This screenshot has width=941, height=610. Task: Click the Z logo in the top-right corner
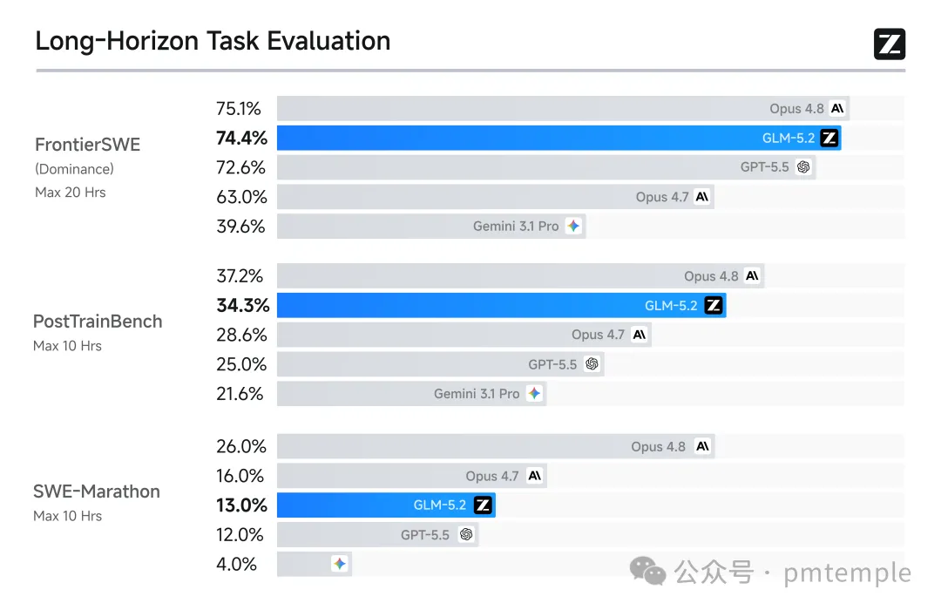[x=890, y=44]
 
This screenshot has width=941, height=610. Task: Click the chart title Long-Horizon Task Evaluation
[x=213, y=42]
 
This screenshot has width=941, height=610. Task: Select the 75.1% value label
[x=238, y=109]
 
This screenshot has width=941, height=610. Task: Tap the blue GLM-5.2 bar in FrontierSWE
[x=559, y=138]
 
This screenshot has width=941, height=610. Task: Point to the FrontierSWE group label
[x=88, y=145]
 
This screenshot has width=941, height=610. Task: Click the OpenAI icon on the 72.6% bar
[x=803, y=167]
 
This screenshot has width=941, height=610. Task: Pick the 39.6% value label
[x=240, y=227]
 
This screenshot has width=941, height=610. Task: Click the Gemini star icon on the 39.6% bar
[x=573, y=226]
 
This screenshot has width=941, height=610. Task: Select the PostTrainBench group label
[x=98, y=322]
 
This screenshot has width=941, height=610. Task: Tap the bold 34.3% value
[x=243, y=306]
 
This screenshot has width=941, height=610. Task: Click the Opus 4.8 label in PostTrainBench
[x=711, y=276]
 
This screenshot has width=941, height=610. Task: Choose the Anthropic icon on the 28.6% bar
[x=640, y=335]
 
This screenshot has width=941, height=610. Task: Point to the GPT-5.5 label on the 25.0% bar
[x=552, y=364]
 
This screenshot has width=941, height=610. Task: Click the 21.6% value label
[x=240, y=394]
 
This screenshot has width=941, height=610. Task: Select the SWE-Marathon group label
[x=97, y=491]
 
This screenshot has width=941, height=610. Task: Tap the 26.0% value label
[x=241, y=447]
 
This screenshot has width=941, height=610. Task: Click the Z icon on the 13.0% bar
[x=483, y=505]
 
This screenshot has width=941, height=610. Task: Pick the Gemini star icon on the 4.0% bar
[x=340, y=564]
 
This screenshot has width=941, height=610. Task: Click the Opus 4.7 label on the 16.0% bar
[x=492, y=476]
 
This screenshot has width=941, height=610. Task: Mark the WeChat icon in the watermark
[x=647, y=571]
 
